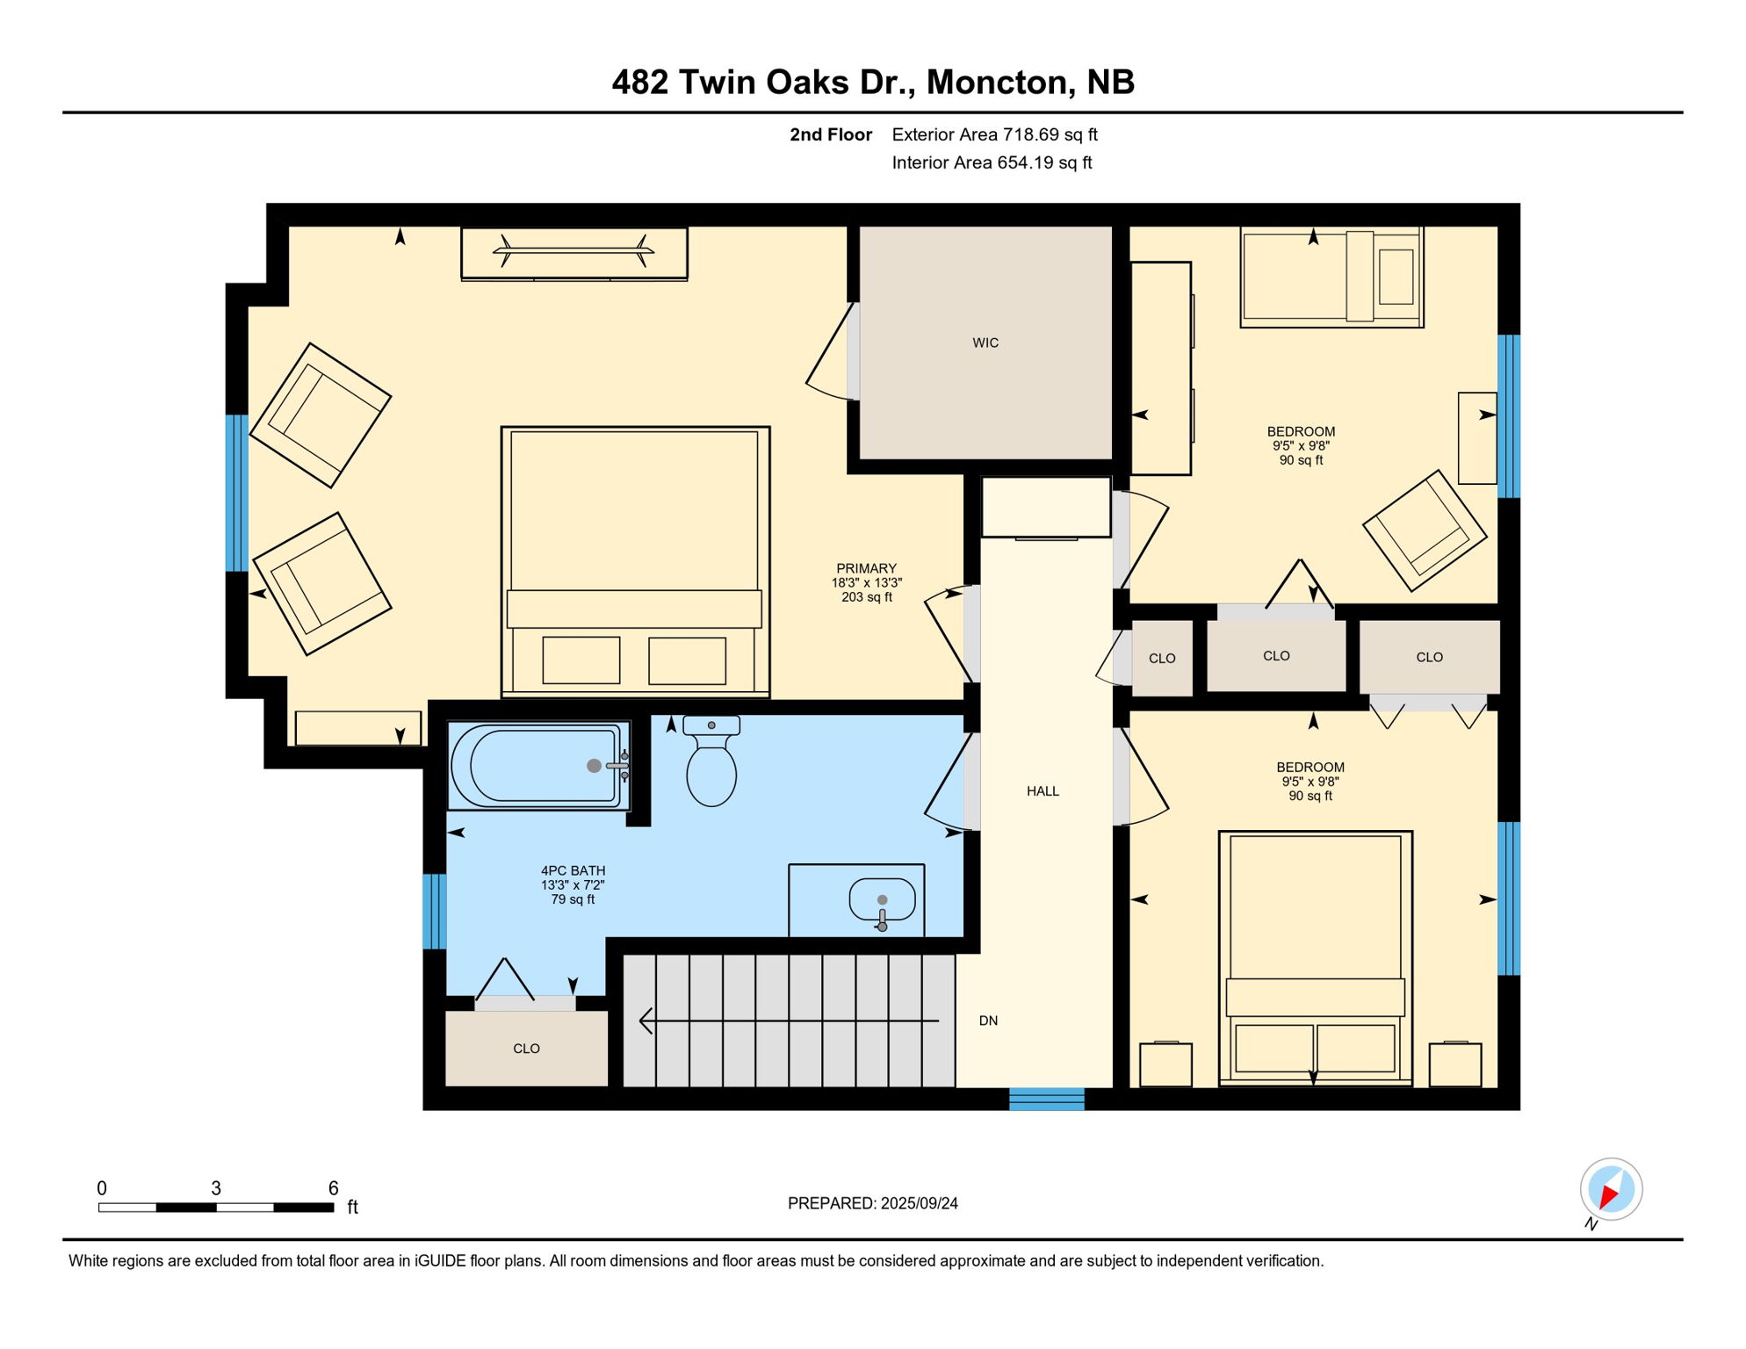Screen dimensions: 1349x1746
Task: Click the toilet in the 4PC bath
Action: coord(711,766)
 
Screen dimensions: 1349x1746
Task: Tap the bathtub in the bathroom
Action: coord(538,766)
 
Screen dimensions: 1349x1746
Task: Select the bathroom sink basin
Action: coord(882,900)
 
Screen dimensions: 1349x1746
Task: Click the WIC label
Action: coord(985,343)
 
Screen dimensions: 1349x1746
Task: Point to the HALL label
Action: coord(1043,791)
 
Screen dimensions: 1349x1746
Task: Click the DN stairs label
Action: coord(988,1021)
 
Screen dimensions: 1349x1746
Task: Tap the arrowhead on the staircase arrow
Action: coord(646,1021)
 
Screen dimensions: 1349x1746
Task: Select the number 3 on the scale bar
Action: coord(216,1188)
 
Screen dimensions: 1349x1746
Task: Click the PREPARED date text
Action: coord(872,1203)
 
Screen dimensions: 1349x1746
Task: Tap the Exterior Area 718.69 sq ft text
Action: coord(994,134)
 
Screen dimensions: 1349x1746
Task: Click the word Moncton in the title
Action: coord(999,83)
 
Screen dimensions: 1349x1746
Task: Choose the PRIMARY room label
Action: coord(866,568)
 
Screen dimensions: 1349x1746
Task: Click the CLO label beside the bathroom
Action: coord(526,1049)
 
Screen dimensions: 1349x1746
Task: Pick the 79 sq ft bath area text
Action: coord(573,899)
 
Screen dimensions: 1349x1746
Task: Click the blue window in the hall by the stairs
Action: coord(1046,1099)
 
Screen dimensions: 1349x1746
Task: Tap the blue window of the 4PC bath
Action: coord(435,911)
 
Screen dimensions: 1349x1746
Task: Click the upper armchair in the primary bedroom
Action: coord(321,415)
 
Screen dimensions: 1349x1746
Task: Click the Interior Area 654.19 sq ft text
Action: coord(992,162)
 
